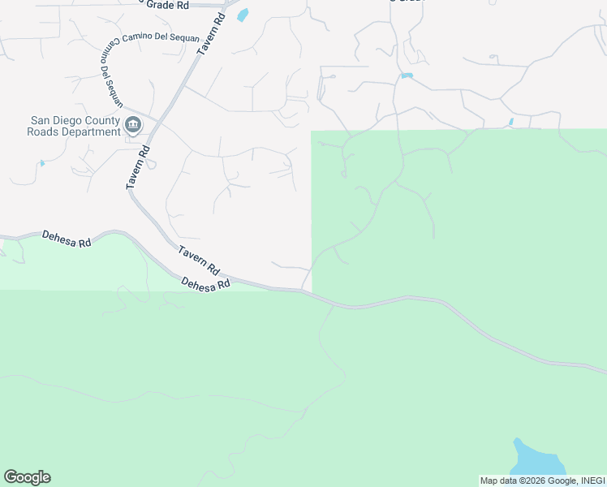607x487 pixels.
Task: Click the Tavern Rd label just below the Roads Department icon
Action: pyautogui.click(x=137, y=167)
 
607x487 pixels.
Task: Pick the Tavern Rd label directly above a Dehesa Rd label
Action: pyautogui.click(x=199, y=260)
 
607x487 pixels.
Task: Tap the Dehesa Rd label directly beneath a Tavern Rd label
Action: pyautogui.click(x=206, y=284)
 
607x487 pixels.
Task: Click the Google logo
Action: pyautogui.click(x=27, y=477)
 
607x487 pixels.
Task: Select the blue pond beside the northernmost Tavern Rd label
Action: pyautogui.click(x=242, y=15)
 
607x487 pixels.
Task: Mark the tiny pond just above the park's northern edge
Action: pyautogui.click(x=510, y=122)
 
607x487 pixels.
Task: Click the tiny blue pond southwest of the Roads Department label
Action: pyautogui.click(x=41, y=163)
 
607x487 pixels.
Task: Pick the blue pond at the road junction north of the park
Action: pyautogui.click(x=407, y=75)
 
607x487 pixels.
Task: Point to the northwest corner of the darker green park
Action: pyautogui.click(x=312, y=131)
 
